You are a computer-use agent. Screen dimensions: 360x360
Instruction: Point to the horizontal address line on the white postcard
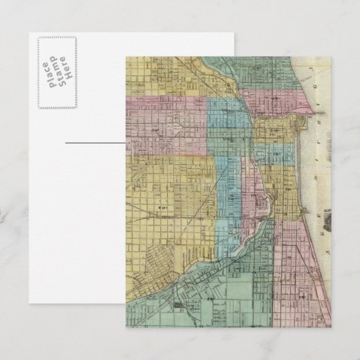pos(95,143)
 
